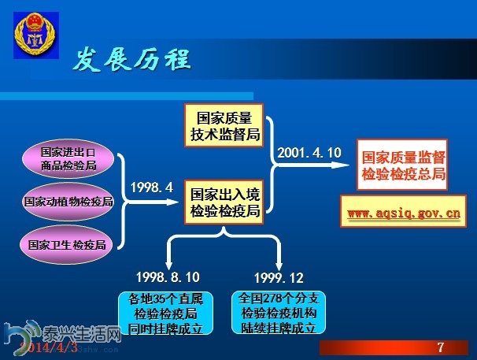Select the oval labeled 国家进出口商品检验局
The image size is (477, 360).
coord(68,158)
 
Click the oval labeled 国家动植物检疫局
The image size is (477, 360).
coord(68,201)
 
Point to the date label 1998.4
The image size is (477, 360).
coord(151,187)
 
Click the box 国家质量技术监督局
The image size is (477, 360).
coord(224,126)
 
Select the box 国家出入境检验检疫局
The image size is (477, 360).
coord(224,202)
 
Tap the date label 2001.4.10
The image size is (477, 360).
coord(310,152)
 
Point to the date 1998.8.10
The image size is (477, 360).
coord(168,277)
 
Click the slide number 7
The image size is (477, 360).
coord(441,347)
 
